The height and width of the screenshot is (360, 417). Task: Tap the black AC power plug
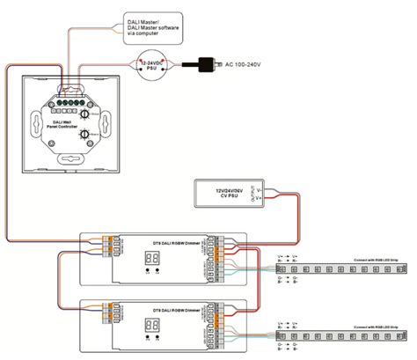coord(209,63)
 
